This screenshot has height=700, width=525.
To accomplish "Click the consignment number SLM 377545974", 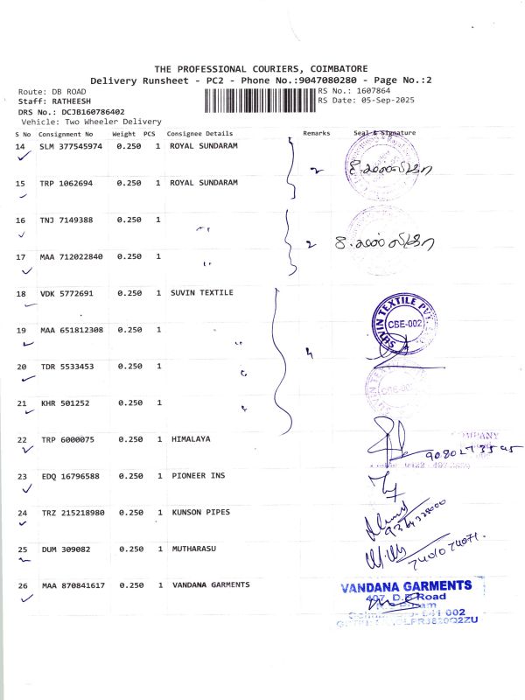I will [x=72, y=146].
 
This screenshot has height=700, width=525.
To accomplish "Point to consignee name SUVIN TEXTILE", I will [x=201, y=292].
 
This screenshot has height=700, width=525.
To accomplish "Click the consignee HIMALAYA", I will [x=190, y=438].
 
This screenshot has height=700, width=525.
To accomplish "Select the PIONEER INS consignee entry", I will [x=197, y=475].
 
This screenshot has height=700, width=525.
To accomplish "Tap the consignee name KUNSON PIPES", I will [x=200, y=512].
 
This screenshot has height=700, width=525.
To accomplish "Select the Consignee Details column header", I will [x=200, y=134].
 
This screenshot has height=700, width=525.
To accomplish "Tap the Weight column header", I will [x=123, y=134].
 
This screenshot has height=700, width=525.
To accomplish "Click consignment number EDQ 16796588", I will [x=70, y=476].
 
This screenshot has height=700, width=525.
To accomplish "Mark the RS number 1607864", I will [x=371, y=90].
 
